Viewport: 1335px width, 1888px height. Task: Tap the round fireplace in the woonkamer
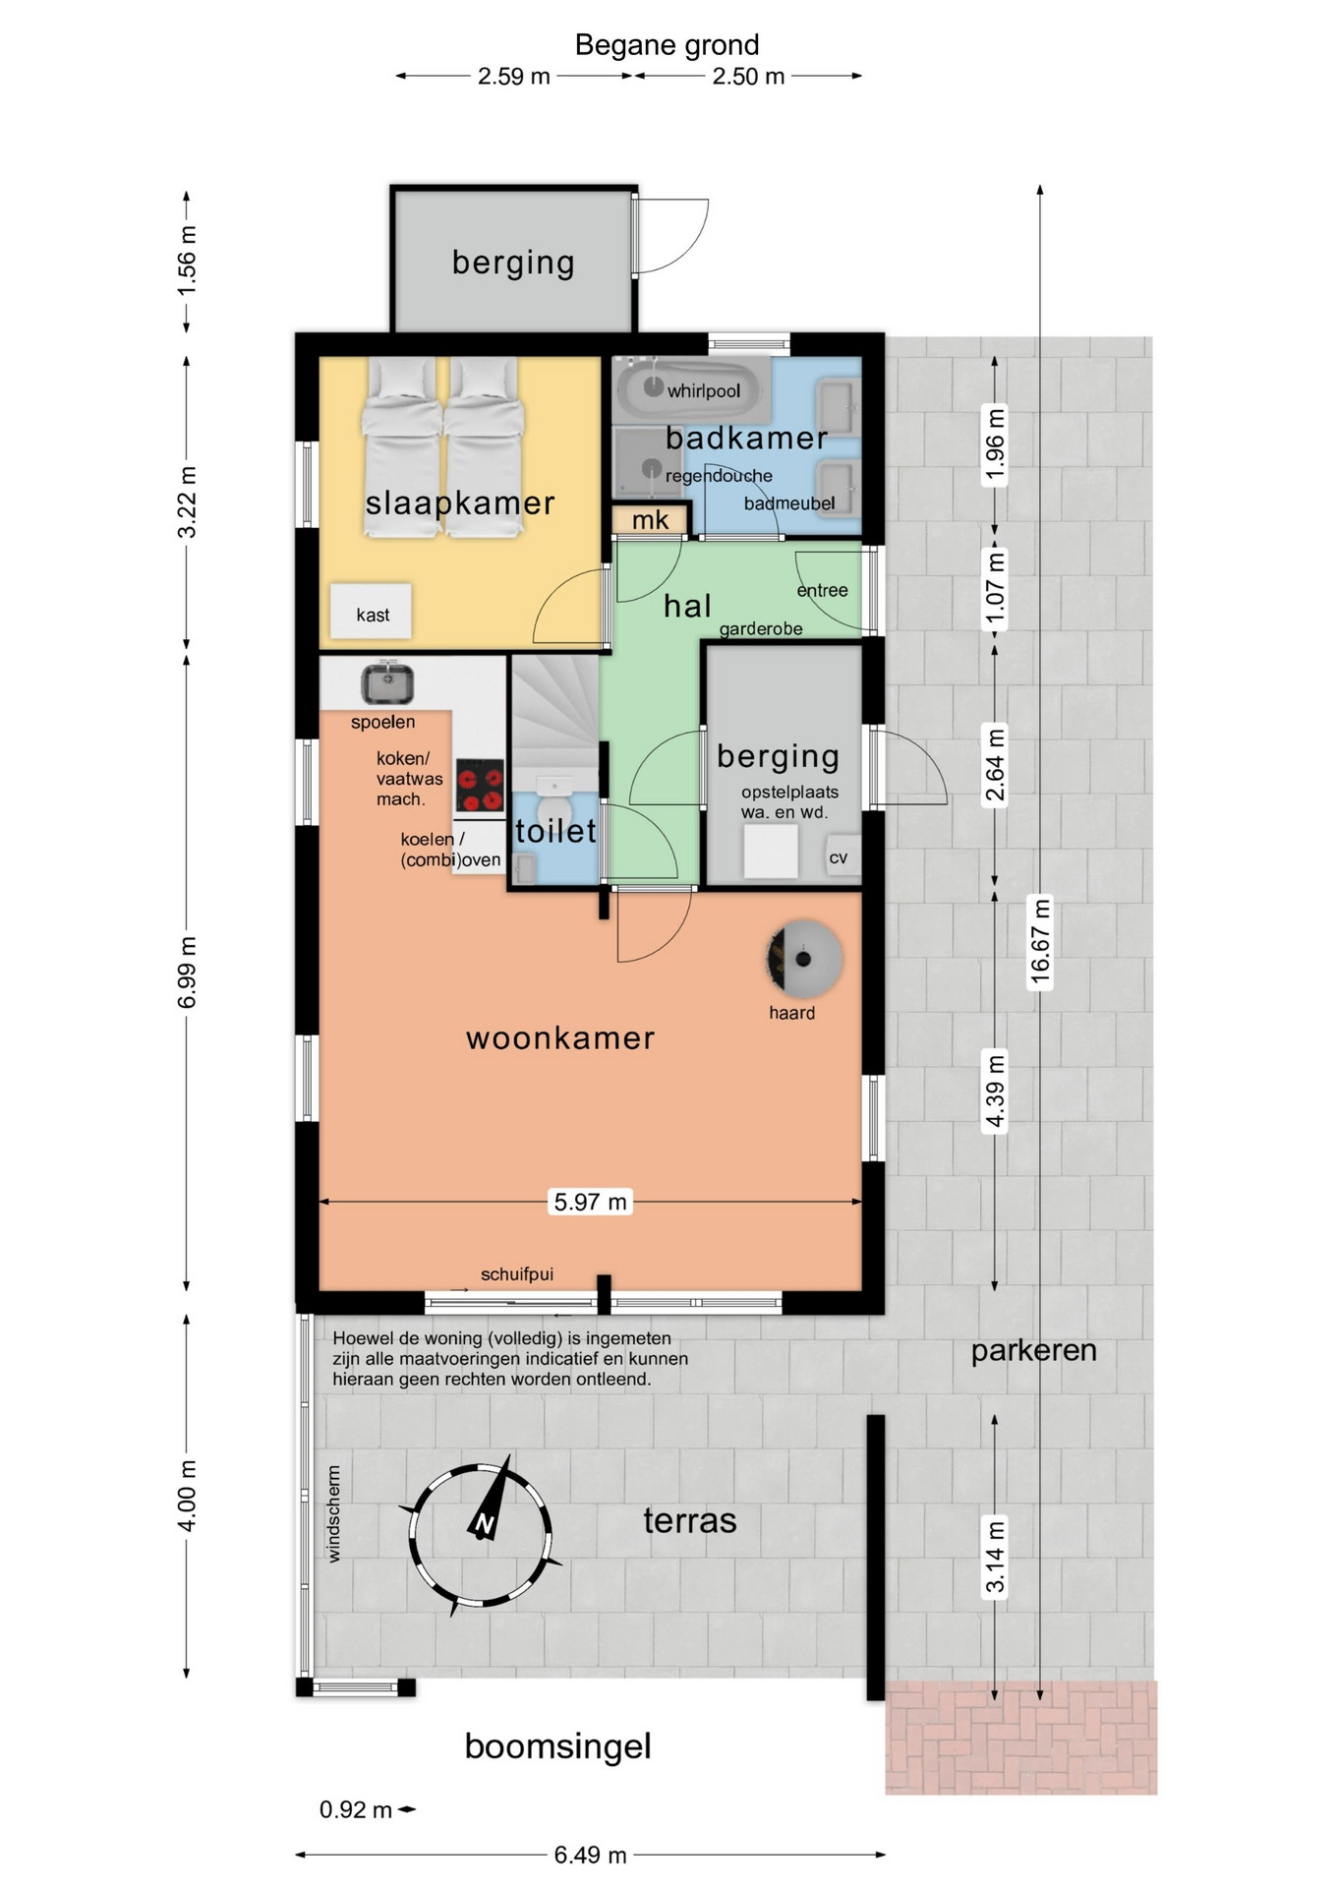pyautogui.click(x=803, y=958)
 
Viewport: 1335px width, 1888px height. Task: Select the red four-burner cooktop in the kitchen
pyautogui.click(x=480, y=786)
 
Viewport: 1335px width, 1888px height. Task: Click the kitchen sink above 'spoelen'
pyautogui.click(x=387, y=682)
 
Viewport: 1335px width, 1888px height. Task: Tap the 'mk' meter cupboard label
pyautogui.click(x=650, y=519)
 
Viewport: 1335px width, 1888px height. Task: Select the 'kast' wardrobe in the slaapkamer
pyautogui.click(x=371, y=612)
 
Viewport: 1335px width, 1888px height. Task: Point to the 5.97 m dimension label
pyautogui.click(x=590, y=1202)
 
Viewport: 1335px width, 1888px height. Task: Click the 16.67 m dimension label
pyautogui.click(x=1040, y=941)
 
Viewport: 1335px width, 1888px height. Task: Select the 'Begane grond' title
pyautogui.click(x=667, y=45)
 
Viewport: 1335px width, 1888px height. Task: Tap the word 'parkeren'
pyautogui.click(x=1033, y=1351)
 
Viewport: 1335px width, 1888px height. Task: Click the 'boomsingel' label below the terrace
pyautogui.click(x=557, y=1746)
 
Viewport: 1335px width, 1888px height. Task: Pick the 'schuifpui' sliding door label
pyautogui.click(x=517, y=1274)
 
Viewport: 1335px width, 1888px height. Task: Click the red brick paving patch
pyautogui.click(x=1021, y=1738)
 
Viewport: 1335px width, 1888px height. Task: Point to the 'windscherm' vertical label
pyautogui.click(x=334, y=1514)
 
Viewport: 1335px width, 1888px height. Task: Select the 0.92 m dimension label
pyautogui.click(x=356, y=1809)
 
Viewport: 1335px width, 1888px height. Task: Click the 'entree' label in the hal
pyautogui.click(x=822, y=590)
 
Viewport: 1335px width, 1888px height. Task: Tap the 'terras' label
pyautogui.click(x=690, y=1521)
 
